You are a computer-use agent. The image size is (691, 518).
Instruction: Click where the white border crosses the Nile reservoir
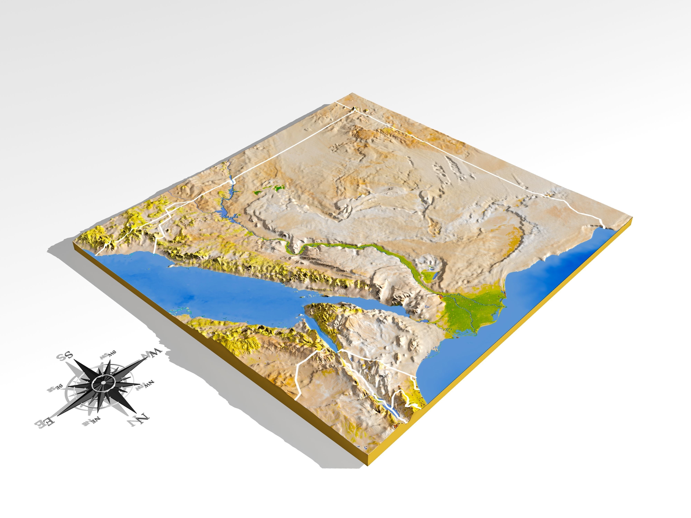tap(232, 181)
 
